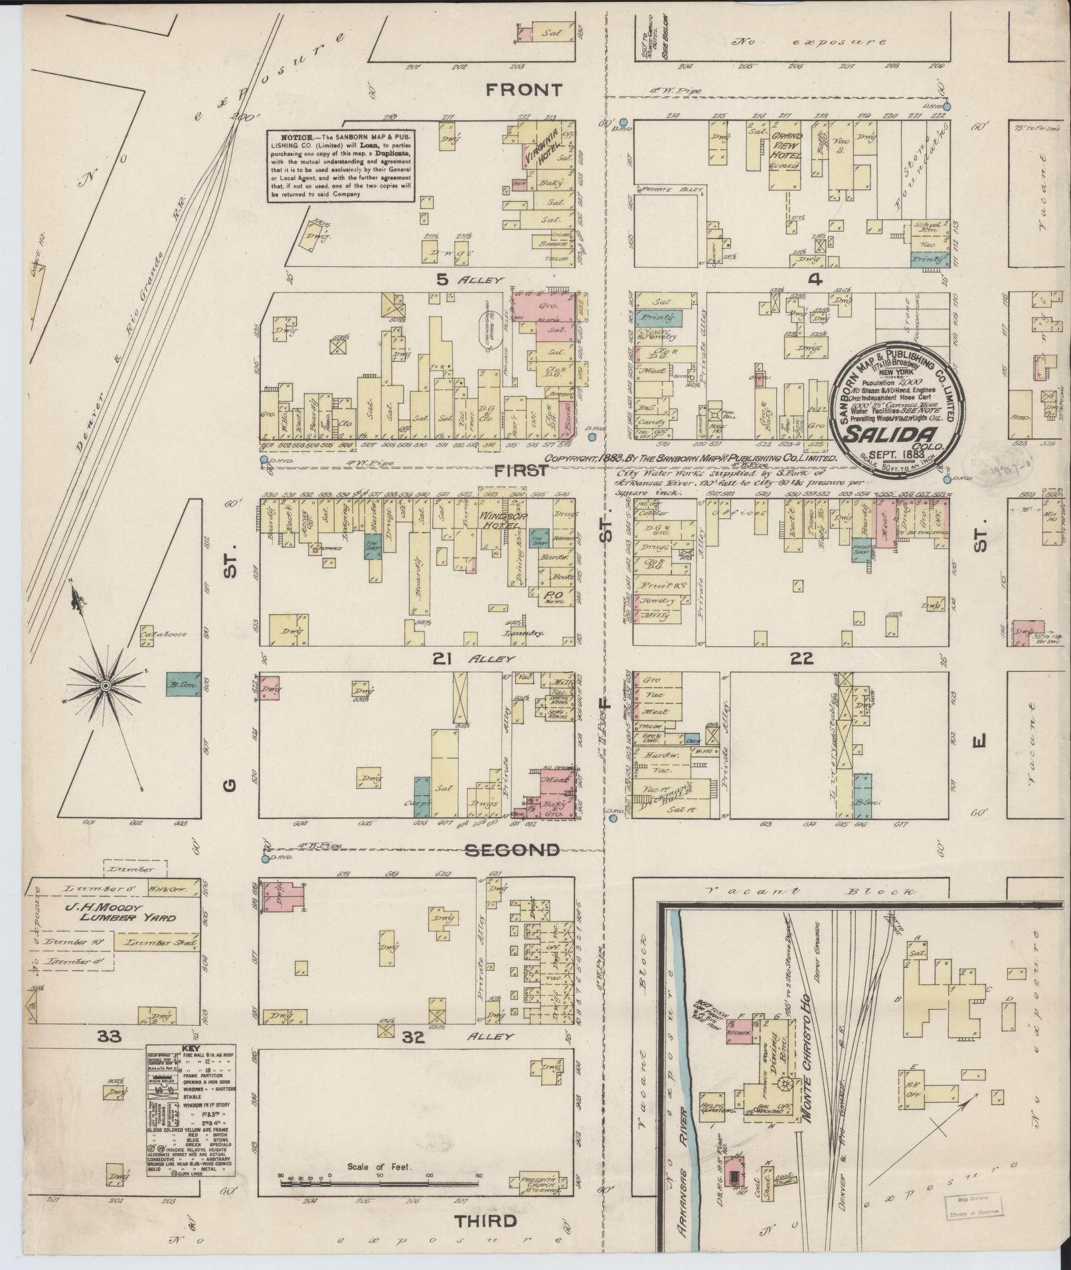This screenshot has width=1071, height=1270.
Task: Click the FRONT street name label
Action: (x=524, y=90)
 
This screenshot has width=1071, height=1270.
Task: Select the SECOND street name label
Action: (x=521, y=850)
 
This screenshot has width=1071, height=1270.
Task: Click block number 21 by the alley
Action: (x=443, y=659)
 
